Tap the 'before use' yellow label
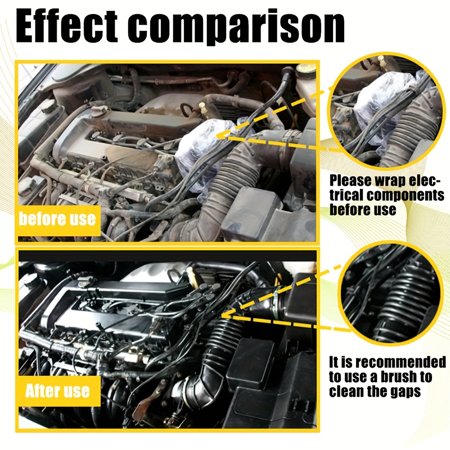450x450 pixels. point(58,220)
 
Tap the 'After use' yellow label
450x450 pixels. point(58,391)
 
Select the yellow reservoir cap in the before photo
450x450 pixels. point(305,68)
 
